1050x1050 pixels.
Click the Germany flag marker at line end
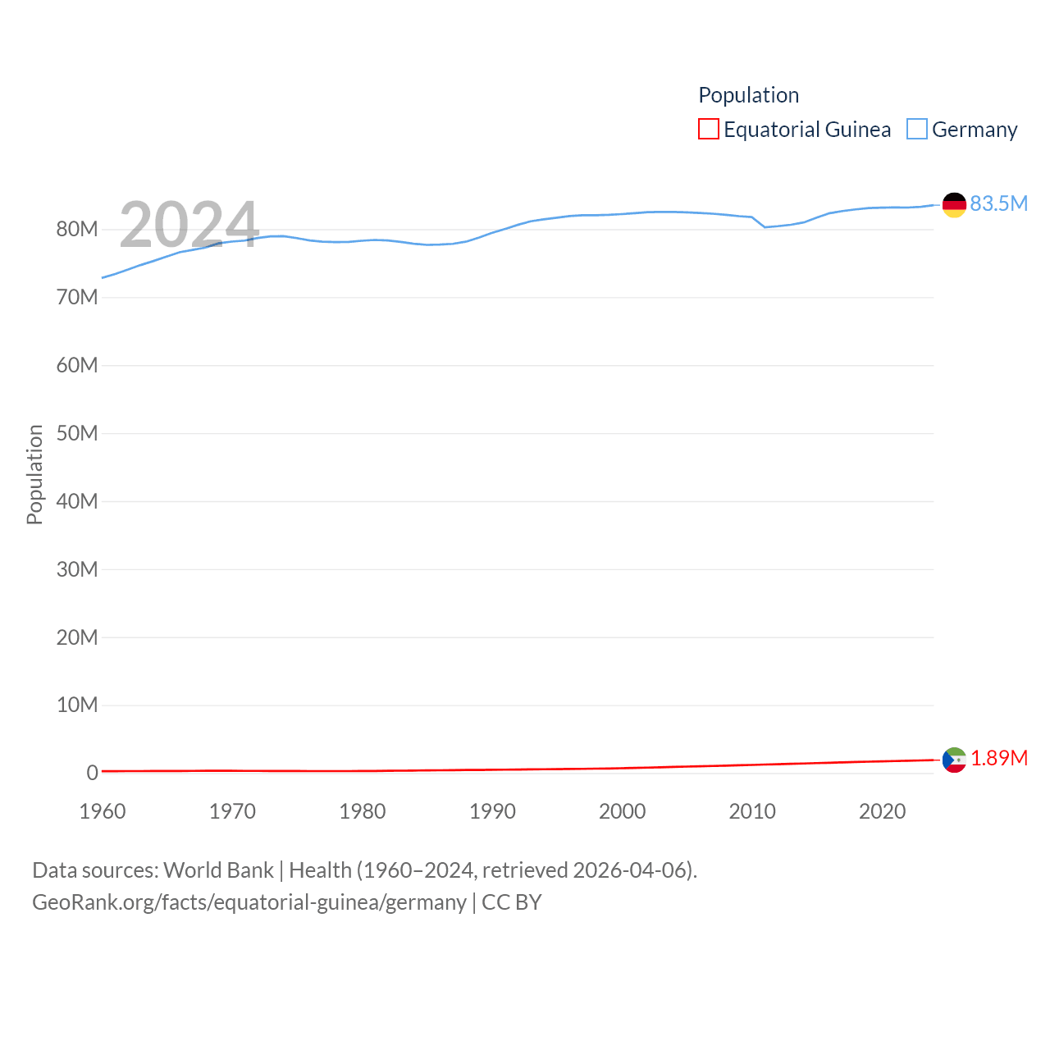pyautogui.click(x=954, y=205)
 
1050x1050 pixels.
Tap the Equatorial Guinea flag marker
pyautogui.click(x=954, y=760)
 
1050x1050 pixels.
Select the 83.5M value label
pyautogui.click(x=998, y=203)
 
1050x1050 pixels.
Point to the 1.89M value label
pyautogui.click(x=998, y=758)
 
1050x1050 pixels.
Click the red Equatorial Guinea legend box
pyautogui.click(x=709, y=130)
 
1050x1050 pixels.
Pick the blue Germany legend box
pyautogui.click(x=917, y=130)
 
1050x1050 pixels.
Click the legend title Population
pyautogui.click(x=748, y=95)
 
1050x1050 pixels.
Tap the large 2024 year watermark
pyautogui.click(x=189, y=225)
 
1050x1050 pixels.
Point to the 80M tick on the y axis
pyautogui.click(x=77, y=230)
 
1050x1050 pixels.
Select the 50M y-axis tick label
pyautogui.click(x=77, y=433)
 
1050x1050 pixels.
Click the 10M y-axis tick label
pyautogui.click(x=77, y=705)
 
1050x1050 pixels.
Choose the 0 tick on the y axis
pyautogui.click(x=92, y=773)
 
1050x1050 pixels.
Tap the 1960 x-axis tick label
pyautogui.click(x=103, y=811)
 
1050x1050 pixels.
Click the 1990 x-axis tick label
pyautogui.click(x=492, y=811)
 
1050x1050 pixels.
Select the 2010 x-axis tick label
pyautogui.click(x=752, y=811)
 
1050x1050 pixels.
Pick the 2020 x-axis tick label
pyautogui.click(x=882, y=811)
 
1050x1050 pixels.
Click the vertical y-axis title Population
pyautogui.click(x=34, y=474)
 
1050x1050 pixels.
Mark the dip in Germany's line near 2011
pyautogui.click(x=765, y=226)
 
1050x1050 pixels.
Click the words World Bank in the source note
pyautogui.click(x=218, y=870)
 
